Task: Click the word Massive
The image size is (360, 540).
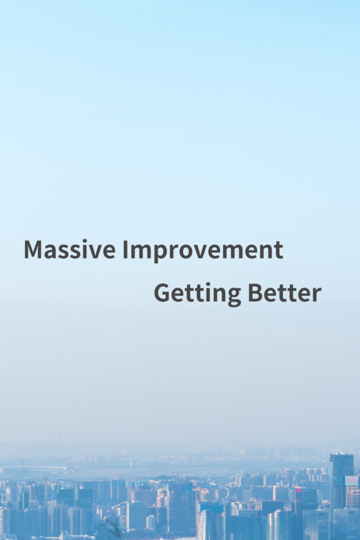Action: pos(70,249)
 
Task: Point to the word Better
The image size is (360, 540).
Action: pos(285,293)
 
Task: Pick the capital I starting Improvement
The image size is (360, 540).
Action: pos(125,249)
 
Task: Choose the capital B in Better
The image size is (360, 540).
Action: pos(255,293)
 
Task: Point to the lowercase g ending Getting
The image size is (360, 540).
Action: pos(233,297)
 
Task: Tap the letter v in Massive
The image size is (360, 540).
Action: pos(92,252)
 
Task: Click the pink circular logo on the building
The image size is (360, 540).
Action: pos(299,490)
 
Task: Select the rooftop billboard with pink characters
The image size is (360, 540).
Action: pos(352,480)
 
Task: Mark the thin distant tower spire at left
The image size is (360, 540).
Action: pos(22,465)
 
